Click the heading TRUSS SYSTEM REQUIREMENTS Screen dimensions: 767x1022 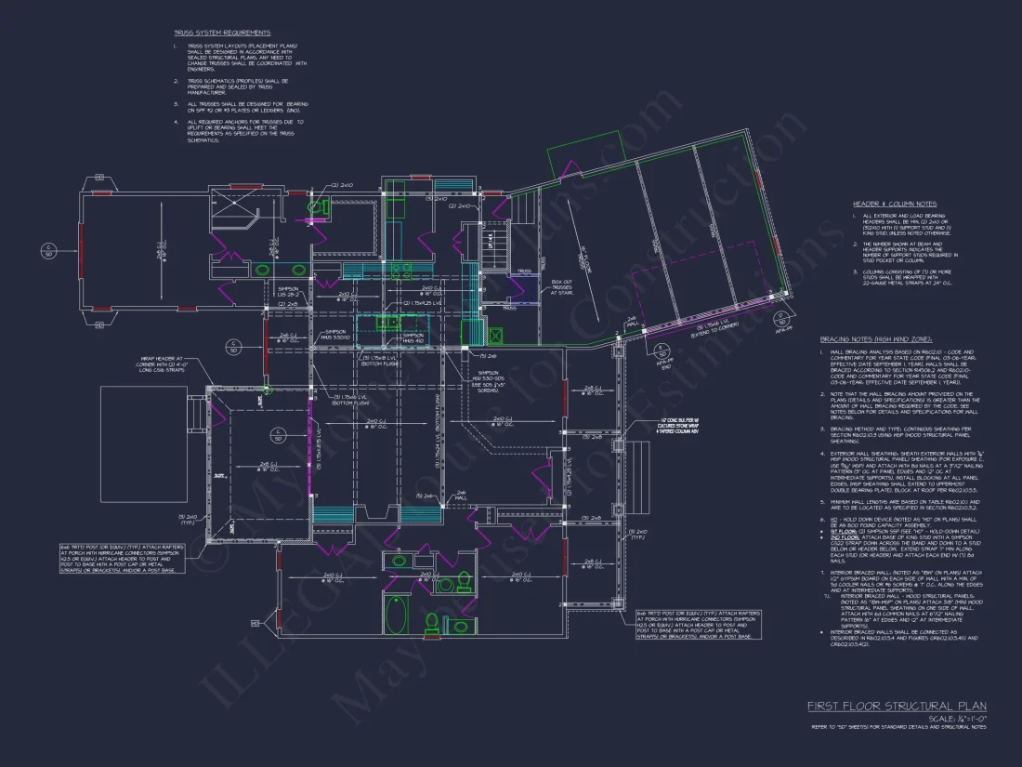222,33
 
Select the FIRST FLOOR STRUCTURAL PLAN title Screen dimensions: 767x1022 896,707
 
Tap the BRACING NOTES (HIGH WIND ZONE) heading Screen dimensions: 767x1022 875,339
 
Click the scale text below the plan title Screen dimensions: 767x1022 957,718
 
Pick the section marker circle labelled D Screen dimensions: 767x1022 232,350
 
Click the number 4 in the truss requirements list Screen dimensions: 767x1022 176,121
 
